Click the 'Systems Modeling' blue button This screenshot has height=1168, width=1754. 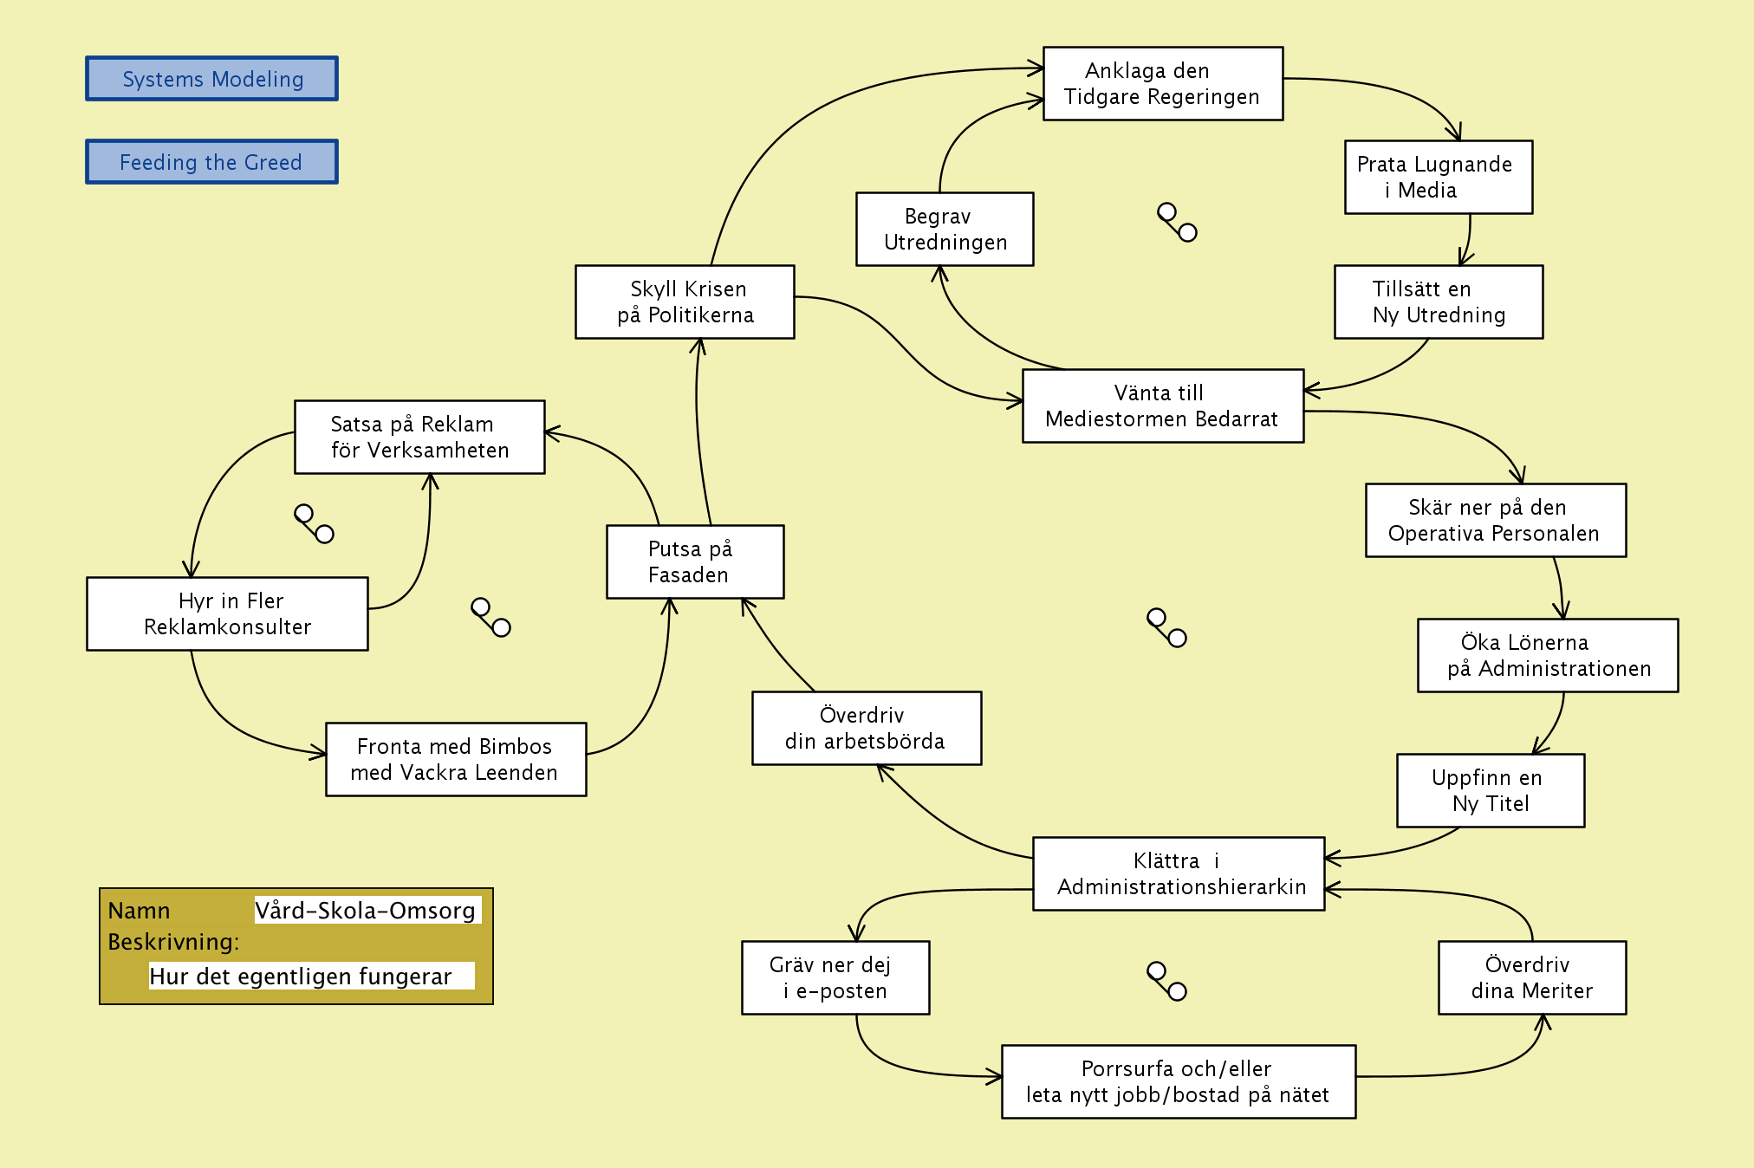coord(211,79)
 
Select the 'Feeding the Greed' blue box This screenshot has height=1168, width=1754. coord(211,162)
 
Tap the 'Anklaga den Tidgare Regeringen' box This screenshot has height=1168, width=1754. coord(1162,83)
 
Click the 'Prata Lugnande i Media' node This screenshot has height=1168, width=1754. coord(1438,177)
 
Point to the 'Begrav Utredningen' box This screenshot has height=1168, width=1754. coord(945,229)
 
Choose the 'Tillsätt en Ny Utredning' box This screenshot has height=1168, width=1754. coord(1438,302)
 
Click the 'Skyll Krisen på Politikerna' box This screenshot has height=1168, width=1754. coord(685,302)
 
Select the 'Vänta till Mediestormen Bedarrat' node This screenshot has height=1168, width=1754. coord(1162,406)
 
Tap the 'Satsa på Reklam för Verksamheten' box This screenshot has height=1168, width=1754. coord(419,437)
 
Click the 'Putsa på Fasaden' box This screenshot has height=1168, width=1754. coord(695,561)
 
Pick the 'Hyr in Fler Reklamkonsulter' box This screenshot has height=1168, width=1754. coord(227,613)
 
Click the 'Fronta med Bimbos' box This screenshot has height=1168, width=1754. coord(456,759)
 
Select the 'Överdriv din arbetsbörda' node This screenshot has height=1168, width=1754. coord(867,728)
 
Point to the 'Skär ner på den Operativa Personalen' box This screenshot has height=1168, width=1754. coord(1495,520)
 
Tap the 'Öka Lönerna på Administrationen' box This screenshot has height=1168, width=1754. coord(1547,655)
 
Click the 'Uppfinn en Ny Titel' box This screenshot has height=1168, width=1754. coord(1490,790)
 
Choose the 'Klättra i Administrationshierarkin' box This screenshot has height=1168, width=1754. coord(1179,873)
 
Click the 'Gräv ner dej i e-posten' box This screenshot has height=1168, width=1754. coord(835,977)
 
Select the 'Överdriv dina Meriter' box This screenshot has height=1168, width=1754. coord(1531,977)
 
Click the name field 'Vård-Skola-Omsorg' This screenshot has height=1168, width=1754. coord(367,910)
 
